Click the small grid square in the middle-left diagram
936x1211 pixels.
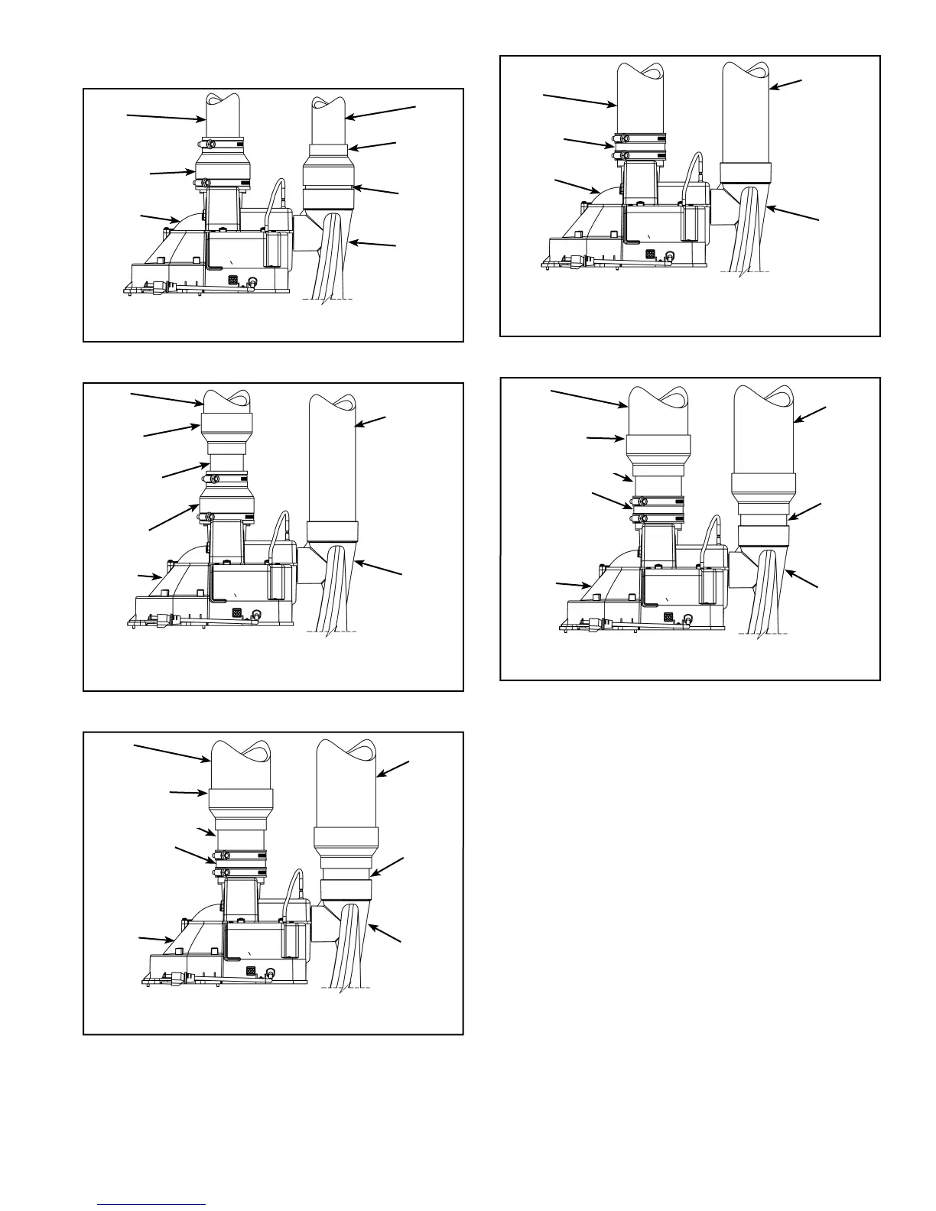(236, 613)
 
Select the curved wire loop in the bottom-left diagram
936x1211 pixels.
(294, 888)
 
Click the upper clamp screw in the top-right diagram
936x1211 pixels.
(622, 138)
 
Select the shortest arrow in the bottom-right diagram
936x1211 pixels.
(623, 477)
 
